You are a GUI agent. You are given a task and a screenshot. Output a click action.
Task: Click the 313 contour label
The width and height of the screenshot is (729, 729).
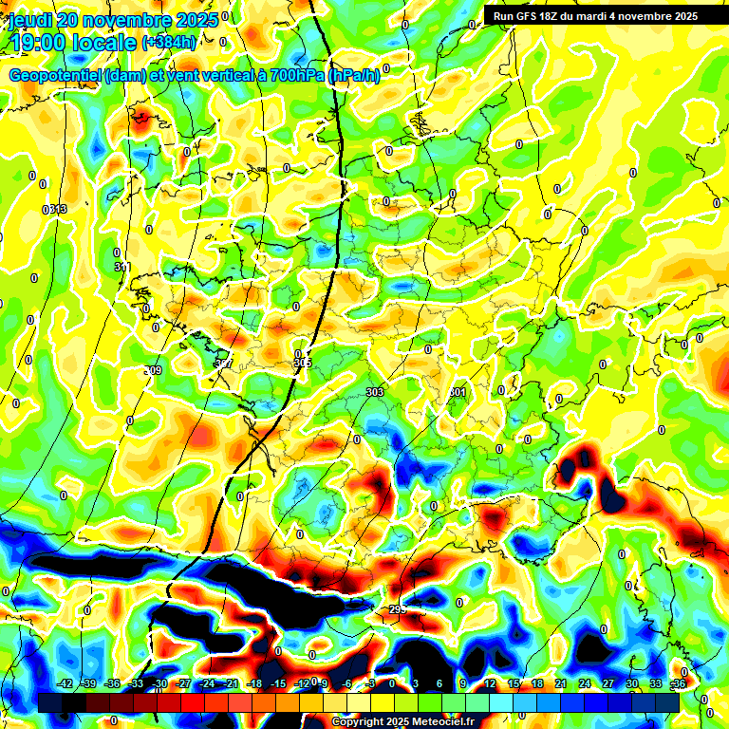tap(57, 209)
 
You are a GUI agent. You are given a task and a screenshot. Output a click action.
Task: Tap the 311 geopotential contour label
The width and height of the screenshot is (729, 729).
tap(121, 268)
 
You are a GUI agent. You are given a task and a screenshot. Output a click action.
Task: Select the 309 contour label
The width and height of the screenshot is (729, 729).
tap(153, 370)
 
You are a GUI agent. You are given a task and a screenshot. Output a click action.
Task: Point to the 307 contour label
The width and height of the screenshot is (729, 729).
tap(224, 364)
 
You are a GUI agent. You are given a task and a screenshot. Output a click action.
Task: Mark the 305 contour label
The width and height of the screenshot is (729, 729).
tap(302, 363)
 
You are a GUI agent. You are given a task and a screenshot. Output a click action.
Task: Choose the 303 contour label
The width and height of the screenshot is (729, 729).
tap(374, 391)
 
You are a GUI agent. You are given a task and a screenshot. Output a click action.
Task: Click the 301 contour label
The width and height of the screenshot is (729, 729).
tap(458, 391)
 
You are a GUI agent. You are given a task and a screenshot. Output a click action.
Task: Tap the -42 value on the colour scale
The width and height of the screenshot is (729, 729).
tap(65, 683)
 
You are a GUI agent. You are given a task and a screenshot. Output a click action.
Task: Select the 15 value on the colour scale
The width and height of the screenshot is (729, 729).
tap(513, 683)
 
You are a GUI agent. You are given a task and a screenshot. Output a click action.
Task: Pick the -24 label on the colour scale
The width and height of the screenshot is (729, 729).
tap(207, 683)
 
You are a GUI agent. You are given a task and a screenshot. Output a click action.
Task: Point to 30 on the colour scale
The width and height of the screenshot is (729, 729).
tap(631, 683)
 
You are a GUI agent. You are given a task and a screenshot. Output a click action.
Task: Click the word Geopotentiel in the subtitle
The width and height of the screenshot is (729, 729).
tap(57, 75)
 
